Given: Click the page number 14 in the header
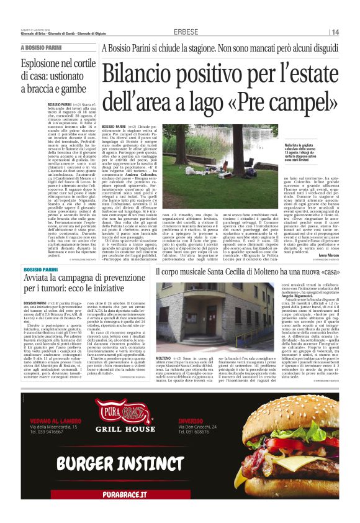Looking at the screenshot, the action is (335, 32).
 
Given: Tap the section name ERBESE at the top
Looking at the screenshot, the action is (186, 32).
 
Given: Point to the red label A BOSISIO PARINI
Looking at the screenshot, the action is (41, 48).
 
